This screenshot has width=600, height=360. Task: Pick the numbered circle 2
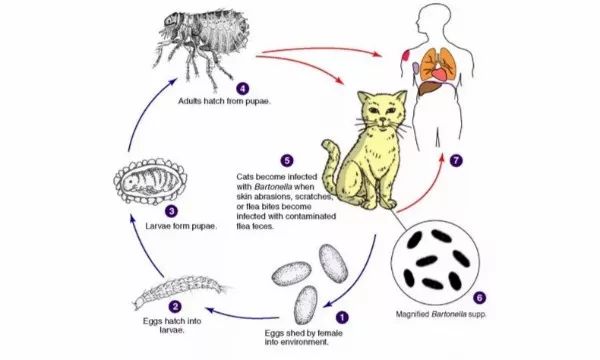click(x=175, y=306)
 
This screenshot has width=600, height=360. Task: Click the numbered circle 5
click(x=287, y=160)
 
